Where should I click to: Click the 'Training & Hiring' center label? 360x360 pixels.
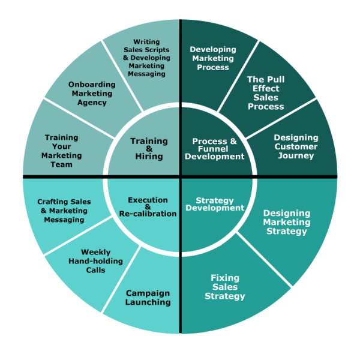[149, 149]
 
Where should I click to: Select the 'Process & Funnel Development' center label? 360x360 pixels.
[214, 149]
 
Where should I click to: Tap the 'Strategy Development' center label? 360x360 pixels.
[214, 204]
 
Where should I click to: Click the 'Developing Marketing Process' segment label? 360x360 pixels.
[213, 58]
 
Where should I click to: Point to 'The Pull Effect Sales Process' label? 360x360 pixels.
[266, 93]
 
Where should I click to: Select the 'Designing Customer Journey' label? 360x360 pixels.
[296, 146]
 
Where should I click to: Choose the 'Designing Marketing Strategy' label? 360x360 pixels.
[287, 222]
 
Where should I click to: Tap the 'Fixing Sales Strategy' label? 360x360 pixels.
[225, 287]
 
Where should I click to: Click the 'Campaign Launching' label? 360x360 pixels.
[148, 298]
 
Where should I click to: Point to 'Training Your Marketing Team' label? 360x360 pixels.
[62, 151]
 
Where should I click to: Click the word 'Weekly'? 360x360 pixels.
[95, 252]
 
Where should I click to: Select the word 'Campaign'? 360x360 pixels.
[148, 293]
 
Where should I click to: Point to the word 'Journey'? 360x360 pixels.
[296, 155]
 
